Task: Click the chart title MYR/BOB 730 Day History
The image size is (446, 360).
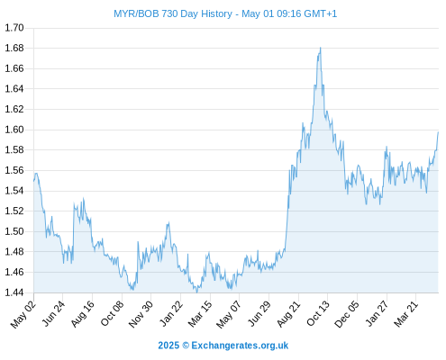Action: [x=173, y=13]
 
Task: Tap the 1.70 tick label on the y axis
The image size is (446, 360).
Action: [x=14, y=28]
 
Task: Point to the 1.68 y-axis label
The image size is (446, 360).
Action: [x=14, y=48]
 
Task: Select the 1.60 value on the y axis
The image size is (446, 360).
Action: [x=14, y=130]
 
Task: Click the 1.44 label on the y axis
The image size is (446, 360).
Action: [x=14, y=292]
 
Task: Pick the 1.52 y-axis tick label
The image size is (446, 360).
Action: [x=14, y=211]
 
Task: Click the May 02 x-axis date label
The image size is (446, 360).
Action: [x=23, y=314]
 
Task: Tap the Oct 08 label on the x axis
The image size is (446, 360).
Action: [x=112, y=314]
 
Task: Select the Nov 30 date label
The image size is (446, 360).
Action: [x=141, y=314]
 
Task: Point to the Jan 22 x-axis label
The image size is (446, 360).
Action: [x=171, y=314]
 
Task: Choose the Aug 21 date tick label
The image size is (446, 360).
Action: [x=288, y=314]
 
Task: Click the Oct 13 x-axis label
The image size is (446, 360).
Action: [x=318, y=314]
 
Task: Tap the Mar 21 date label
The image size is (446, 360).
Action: [x=406, y=314]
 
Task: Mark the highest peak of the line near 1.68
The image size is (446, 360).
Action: [x=321, y=48]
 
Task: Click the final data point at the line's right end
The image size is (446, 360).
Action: [x=438, y=132]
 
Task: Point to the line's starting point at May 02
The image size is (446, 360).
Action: [x=33, y=181]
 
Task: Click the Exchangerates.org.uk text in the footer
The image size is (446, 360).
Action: [x=240, y=346]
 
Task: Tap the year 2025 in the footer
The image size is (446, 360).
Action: [x=168, y=346]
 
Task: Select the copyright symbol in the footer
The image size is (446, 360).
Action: [x=186, y=346]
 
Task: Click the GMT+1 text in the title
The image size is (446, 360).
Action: [x=321, y=13]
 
